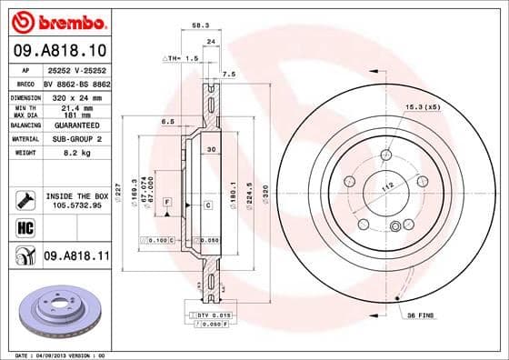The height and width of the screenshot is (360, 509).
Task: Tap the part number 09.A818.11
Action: pyautogui.click(x=76, y=257)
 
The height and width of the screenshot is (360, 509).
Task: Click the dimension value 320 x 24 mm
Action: pyautogui.click(x=76, y=95)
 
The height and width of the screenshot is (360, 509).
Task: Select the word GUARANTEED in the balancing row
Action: pyautogui.click(x=76, y=125)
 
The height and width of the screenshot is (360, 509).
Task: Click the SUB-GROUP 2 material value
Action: pyautogui.click(x=76, y=139)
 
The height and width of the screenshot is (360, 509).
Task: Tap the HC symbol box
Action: pyautogui.click(x=24, y=227)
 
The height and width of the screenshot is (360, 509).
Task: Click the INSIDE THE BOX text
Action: pyautogui.click(x=76, y=196)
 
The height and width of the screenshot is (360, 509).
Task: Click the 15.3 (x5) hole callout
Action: pyautogui.click(x=424, y=106)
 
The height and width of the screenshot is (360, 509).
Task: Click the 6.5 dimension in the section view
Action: pyautogui.click(x=168, y=120)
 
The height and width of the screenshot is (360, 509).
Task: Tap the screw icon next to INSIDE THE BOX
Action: pyautogui.click(x=24, y=196)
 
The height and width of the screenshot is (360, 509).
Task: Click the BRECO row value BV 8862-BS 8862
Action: pyautogui.click(x=76, y=82)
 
